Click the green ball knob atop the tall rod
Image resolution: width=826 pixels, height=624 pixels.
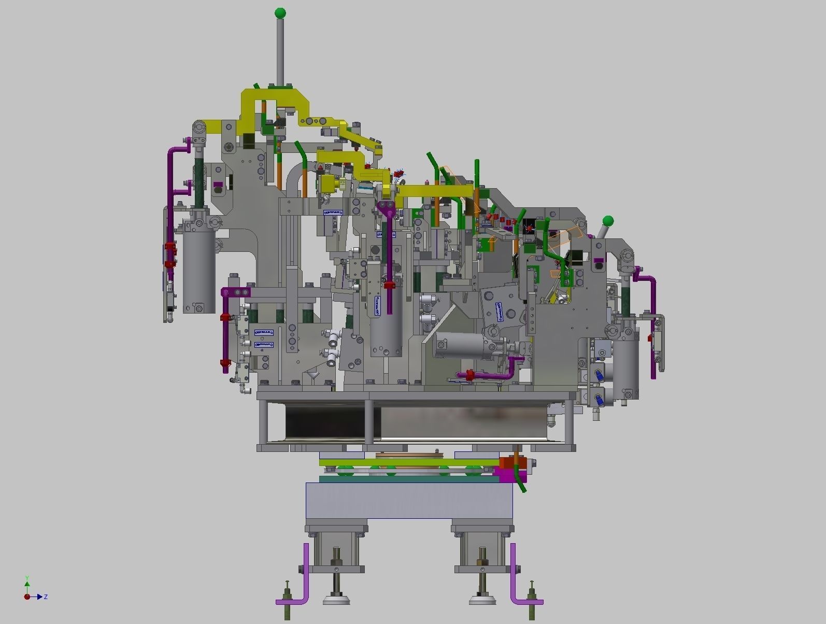point(280,12)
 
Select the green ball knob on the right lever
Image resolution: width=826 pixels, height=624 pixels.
point(608,221)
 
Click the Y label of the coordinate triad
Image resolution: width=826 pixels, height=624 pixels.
point(27,578)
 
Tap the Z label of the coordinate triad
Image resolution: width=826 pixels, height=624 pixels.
point(46,597)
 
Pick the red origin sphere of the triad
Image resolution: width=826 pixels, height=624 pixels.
point(27,597)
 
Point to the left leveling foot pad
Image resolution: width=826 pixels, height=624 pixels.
point(336,601)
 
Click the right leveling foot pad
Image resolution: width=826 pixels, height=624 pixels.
point(482,601)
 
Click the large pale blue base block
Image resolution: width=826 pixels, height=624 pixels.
point(409,500)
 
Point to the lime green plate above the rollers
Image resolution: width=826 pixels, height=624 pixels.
point(409,462)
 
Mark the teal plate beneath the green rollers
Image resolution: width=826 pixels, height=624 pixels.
point(409,479)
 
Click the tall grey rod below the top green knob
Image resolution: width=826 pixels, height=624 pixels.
point(280,52)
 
